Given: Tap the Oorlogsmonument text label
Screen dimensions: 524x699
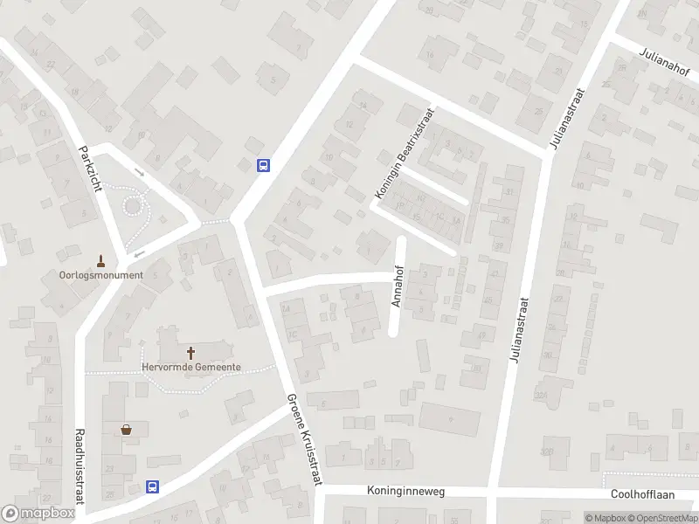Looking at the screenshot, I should [100, 274].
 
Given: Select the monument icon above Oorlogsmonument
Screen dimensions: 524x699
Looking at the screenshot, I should [100, 259].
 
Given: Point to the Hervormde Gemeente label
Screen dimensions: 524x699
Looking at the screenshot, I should [191, 368].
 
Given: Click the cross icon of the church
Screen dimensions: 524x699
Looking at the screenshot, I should [191, 353].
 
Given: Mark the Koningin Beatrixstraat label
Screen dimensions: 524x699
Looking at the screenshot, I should [405, 156].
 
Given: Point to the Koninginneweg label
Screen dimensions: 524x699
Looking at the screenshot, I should [406, 492].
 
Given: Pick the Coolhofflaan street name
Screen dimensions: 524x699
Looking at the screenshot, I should [642, 493].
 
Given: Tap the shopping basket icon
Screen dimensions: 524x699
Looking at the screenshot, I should [128, 429].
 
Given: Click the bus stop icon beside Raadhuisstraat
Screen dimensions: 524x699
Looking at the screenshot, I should [153, 487].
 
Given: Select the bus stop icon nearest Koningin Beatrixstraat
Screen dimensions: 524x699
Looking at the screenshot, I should [263, 165].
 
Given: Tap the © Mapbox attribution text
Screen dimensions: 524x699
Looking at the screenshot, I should [606, 518].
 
